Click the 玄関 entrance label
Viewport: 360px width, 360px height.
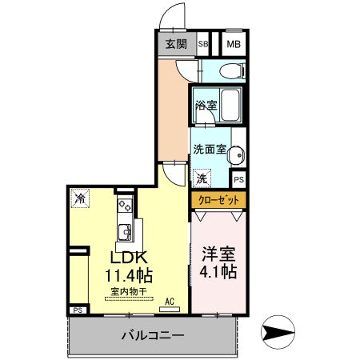tap(177, 45)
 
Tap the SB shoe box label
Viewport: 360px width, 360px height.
tap(203, 45)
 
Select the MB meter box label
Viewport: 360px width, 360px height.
tap(233, 45)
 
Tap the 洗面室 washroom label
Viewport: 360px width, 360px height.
tap(208, 150)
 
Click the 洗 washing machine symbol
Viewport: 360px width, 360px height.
tap(202, 178)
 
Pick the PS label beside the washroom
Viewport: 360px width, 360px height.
tap(238, 179)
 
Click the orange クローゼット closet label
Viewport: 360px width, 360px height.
tap(218, 199)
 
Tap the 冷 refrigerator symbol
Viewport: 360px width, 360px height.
tap(80, 197)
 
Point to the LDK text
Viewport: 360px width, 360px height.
tap(127, 259)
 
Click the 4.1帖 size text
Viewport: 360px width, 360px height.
tap(218, 272)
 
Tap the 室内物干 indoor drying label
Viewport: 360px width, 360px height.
tap(128, 292)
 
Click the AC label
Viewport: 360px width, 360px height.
tap(169, 302)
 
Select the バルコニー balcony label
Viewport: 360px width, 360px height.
tap(154, 335)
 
